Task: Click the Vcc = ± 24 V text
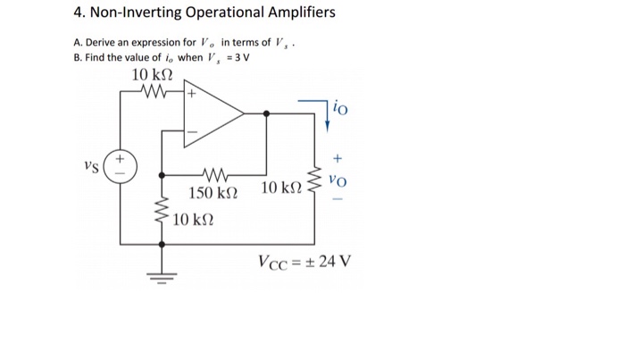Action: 304,262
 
